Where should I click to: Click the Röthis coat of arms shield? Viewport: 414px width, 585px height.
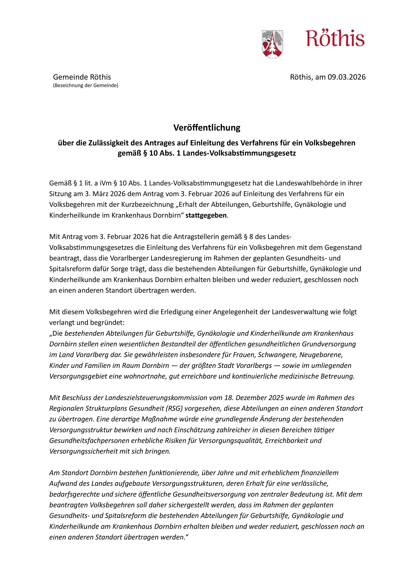(x=272, y=44)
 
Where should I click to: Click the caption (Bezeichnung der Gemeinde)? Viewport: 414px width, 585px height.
(x=86, y=86)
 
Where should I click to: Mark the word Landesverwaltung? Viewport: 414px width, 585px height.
(x=300, y=312)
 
